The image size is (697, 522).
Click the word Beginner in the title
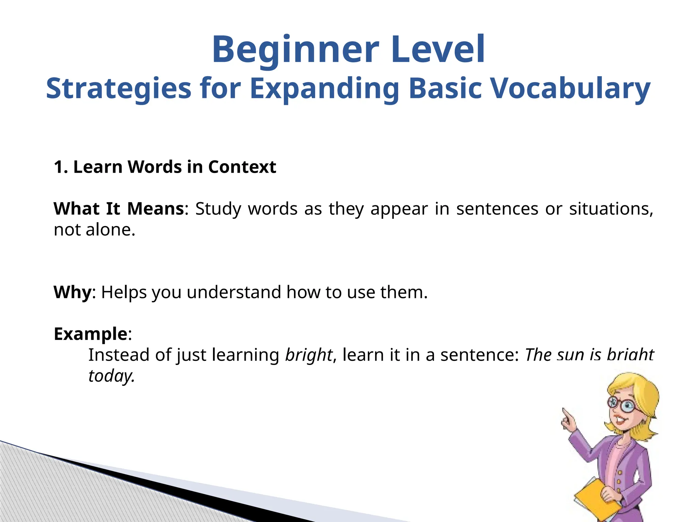[x=295, y=50]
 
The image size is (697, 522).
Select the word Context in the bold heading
[x=242, y=167]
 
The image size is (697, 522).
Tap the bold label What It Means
[x=119, y=209]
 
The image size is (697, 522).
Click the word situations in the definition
[x=611, y=209]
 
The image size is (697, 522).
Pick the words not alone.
[x=94, y=230]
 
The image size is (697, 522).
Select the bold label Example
[x=91, y=334]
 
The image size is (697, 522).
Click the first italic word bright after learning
[x=308, y=355]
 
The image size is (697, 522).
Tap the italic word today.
[x=111, y=376]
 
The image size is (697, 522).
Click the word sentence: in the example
[x=480, y=355]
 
